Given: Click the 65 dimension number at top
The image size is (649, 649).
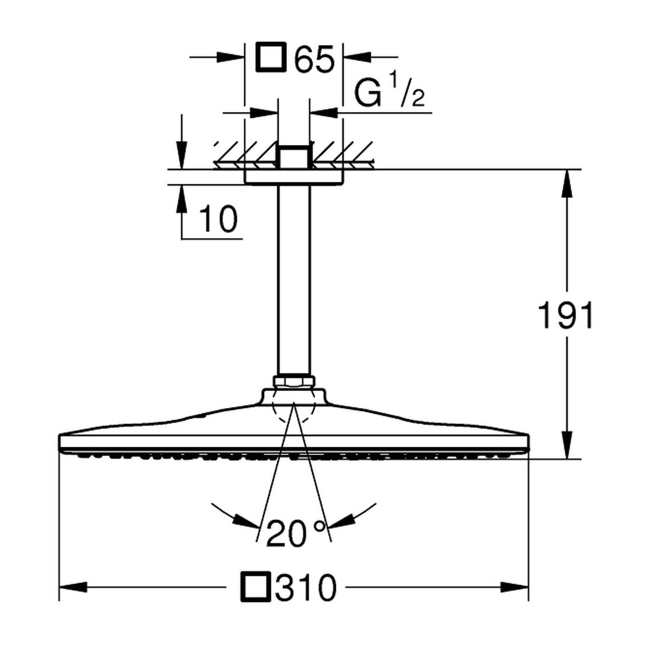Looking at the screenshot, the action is pyautogui.click(x=314, y=58).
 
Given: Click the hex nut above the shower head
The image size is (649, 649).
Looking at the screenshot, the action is pyautogui.click(x=294, y=382).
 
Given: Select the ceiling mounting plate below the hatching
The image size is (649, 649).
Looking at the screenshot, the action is pyautogui.click(x=294, y=176).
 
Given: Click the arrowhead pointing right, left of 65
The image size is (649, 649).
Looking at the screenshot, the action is pyautogui.click(x=231, y=57).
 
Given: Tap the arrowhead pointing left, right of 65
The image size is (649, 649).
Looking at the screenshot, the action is pyautogui.click(x=357, y=57).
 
